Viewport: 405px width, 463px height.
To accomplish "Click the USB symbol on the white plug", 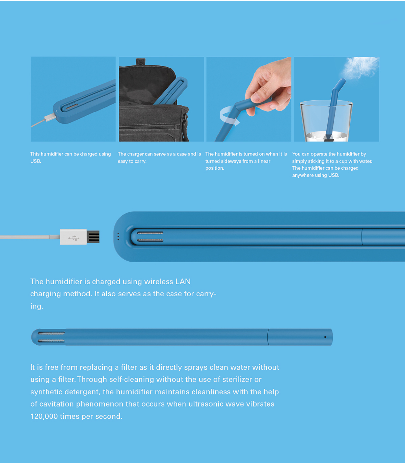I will coord(74,238).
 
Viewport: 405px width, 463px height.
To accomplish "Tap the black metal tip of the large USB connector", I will coord(93,237).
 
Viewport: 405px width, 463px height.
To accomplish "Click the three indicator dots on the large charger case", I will coord(118,237).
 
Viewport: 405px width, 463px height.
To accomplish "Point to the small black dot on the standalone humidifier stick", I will coord(325,337).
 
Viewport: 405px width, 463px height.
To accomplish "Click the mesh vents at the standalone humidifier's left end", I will coord(51,337).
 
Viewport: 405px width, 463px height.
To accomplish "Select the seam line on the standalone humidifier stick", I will coord(268,337).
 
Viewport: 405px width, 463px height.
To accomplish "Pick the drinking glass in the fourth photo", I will coord(326,122).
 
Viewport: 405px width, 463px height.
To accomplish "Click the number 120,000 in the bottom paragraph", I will coord(44,416).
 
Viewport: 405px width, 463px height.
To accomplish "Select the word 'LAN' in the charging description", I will coord(183,282).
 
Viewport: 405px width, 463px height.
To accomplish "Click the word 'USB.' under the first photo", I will coord(36,161).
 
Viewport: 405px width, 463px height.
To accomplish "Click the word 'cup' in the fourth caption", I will coord(343,161).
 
